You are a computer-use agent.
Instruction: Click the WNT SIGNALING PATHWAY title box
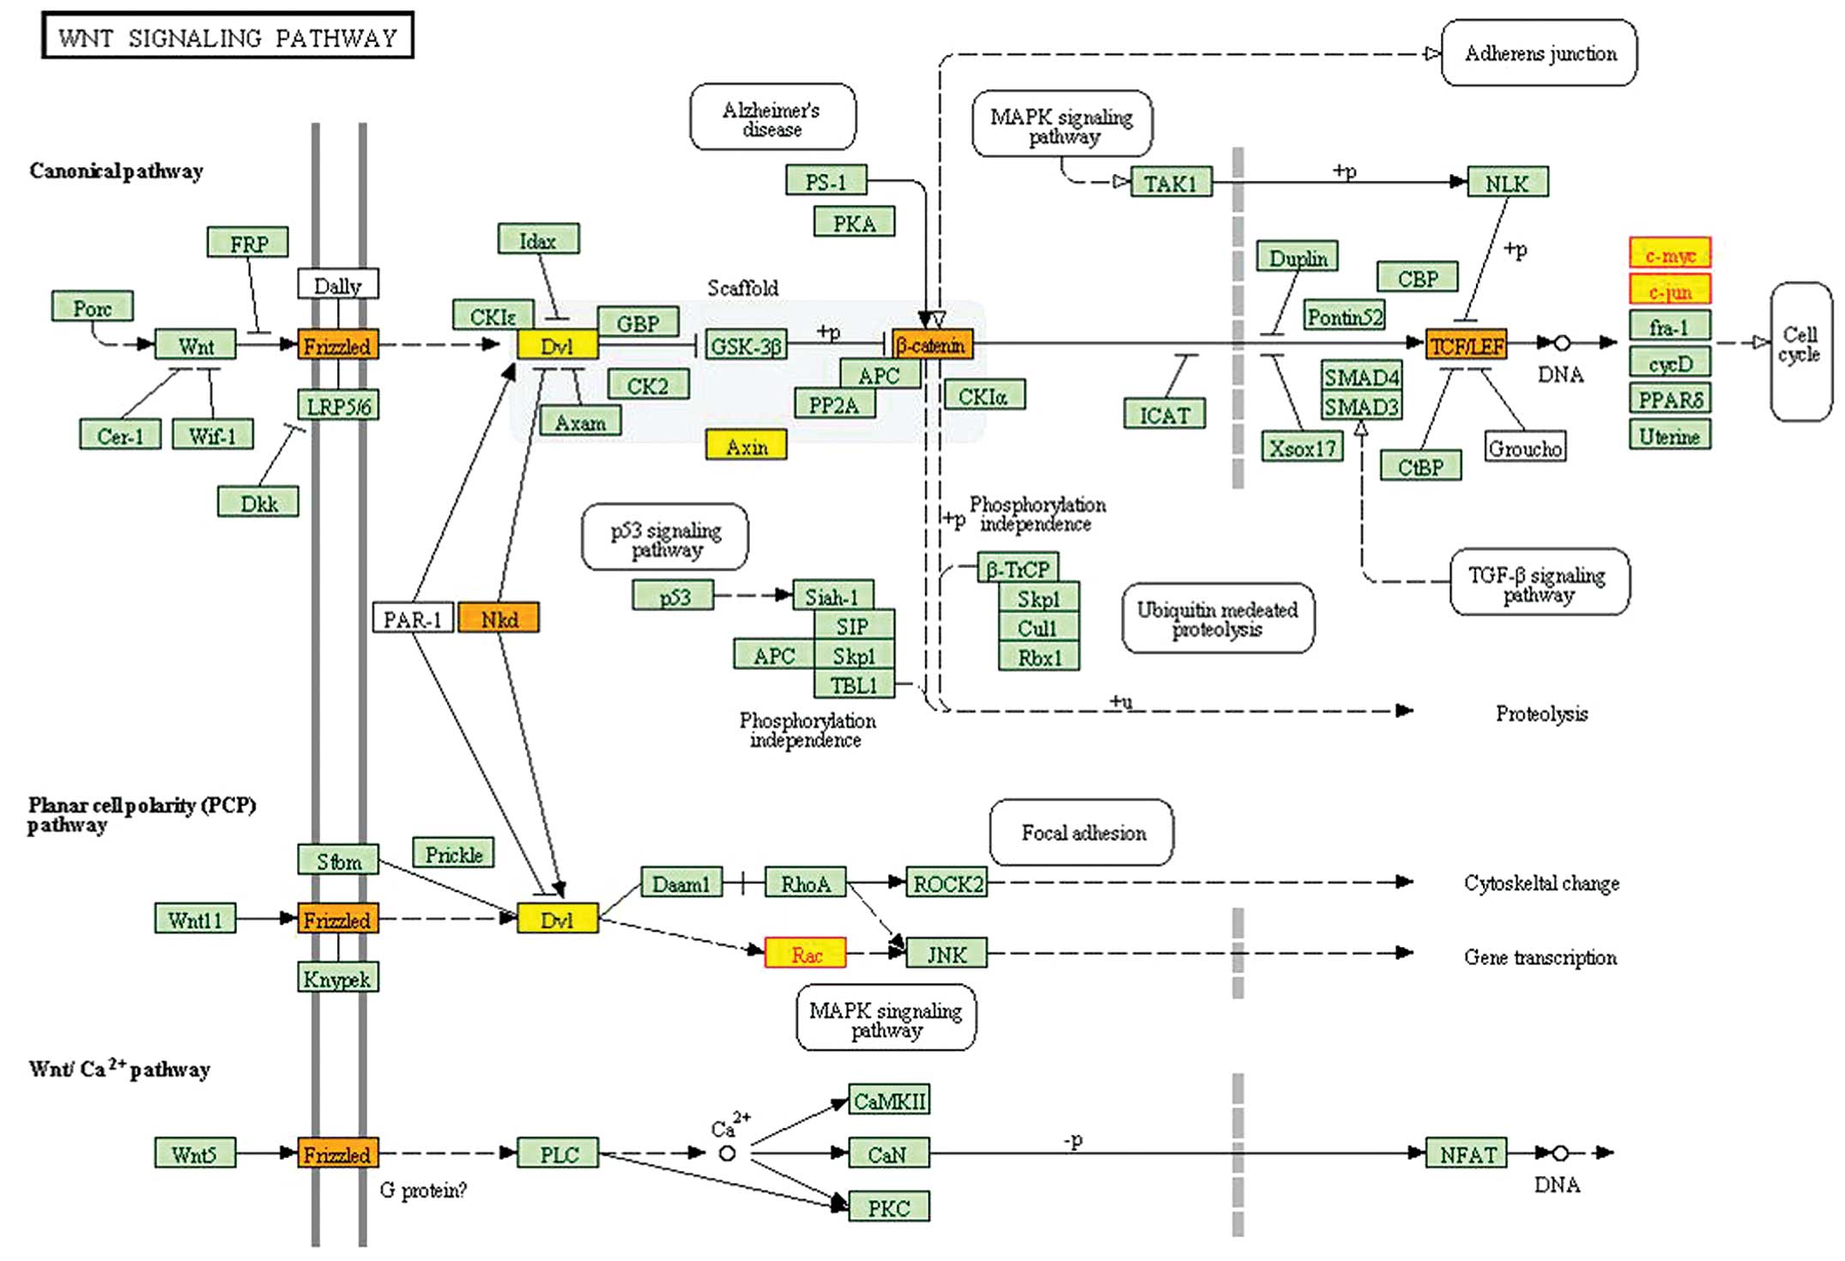click(x=227, y=36)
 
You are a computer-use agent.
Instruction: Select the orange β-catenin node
click(x=932, y=345)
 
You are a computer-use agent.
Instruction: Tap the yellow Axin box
click(x=746, y=446)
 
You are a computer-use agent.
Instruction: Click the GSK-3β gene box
click(x=746, y=345)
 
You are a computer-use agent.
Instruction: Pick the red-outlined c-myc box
click(x=1669, y=254)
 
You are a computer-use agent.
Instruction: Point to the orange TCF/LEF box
click(x=1466, y=345)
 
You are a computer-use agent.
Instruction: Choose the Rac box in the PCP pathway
click(x=805, y=954)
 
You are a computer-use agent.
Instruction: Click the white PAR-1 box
click(x=413, y=618)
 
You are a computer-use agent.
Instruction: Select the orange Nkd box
click(x=499, y=618)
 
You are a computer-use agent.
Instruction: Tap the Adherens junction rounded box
click(x=1539, y=53)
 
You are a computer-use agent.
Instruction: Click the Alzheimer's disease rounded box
click(x=772, y=118)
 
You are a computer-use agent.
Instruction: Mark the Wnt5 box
click(x=195, y=1154)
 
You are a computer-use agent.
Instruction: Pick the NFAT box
click(x=1467, y=1154)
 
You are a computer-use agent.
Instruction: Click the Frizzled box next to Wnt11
click(x=337, y=920)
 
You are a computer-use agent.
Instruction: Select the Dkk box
click(x=258, y=503)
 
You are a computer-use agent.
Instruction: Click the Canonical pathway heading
click(x=116, y=171)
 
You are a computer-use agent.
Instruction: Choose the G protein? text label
click(x=423, y=1190)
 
